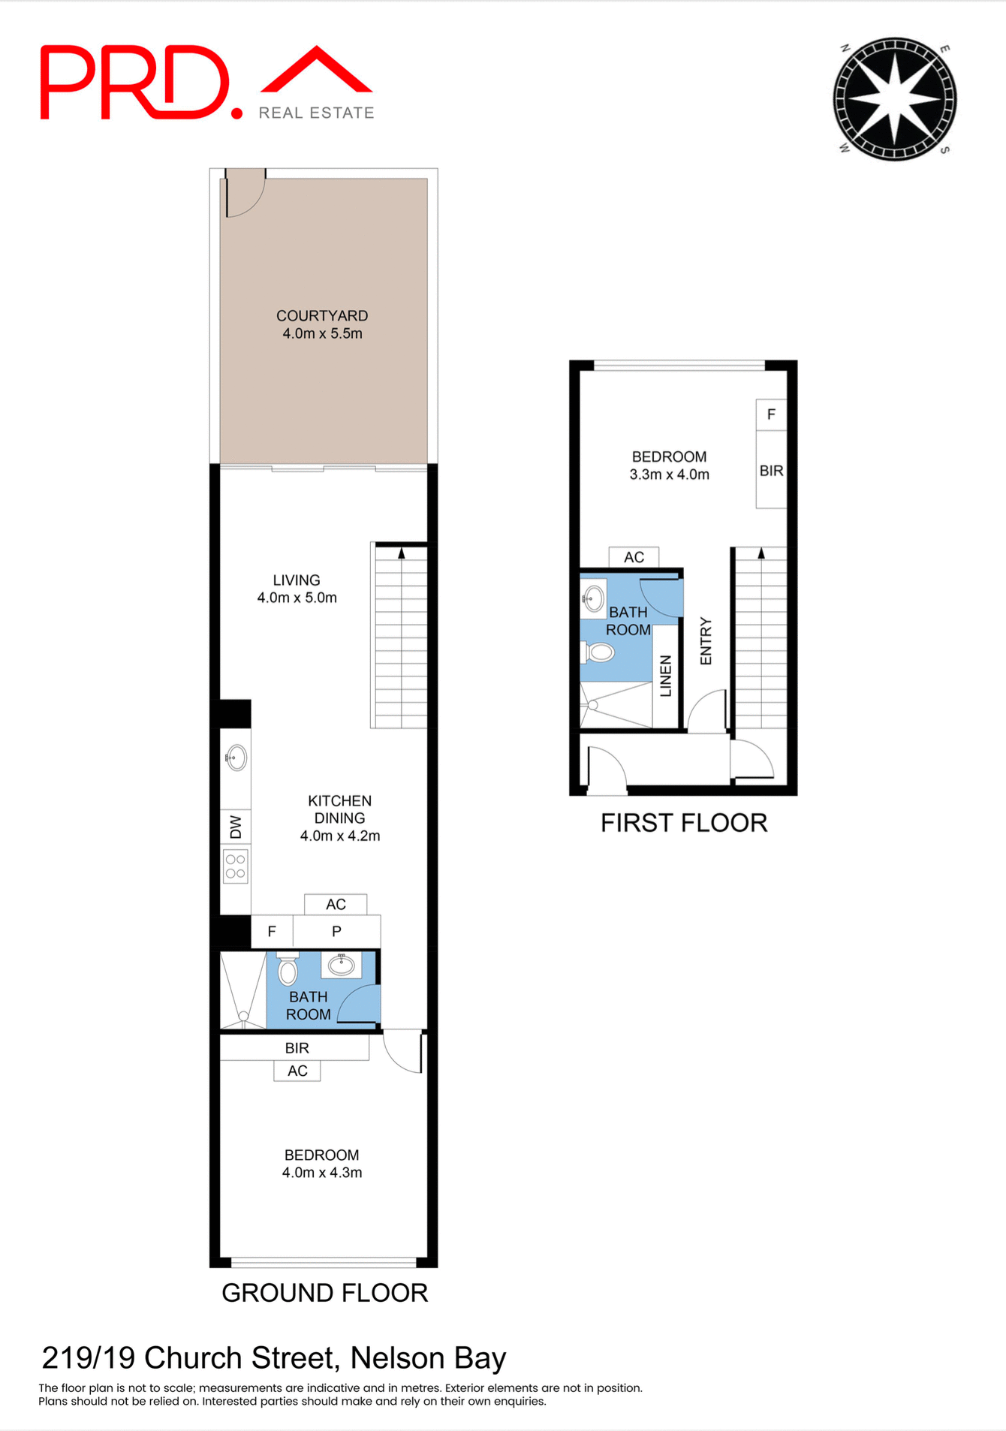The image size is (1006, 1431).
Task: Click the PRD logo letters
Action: tap(135, 83)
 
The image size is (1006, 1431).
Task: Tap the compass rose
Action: tap(894, 98)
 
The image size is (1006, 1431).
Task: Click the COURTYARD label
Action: tap(322, 316)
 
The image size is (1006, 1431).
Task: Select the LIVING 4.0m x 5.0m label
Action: tap(297, 589)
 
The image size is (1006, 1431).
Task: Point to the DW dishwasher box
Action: tap(236, 827)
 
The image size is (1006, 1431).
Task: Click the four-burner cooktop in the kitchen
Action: tap(236, 866)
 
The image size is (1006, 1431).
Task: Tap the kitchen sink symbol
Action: tap(236, 758)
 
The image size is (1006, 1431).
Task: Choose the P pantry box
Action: tap(336, 932)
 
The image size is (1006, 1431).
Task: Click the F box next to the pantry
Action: tap(272, 932)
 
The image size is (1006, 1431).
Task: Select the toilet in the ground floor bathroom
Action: tap(288, 969)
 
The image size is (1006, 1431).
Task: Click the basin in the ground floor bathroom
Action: tap(342, 964)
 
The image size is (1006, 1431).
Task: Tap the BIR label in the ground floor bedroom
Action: tap(297, 1048)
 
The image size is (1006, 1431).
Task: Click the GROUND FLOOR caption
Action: tap(324, 1293)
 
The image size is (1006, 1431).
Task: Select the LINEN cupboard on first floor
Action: tap(665, 676)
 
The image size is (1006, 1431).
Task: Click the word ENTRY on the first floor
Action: tap(706, 641)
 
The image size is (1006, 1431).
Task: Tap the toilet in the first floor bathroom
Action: tap(599, 652)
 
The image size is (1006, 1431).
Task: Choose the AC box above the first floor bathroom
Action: tap(634, 557)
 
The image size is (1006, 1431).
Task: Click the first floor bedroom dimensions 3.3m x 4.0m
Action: tap(669, 474)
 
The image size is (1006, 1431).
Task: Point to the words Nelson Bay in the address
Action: tap(428, 1358)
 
